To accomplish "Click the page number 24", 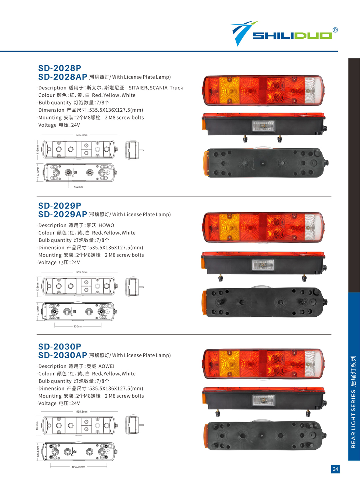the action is (x=335, y=469).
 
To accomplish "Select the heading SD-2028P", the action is (x=60, y=68).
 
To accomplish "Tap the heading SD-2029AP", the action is (x=63, y=215).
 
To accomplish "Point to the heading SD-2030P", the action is (x=60, y=347).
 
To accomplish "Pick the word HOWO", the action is (x=106, y=225).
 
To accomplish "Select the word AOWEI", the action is (x=106, y=366).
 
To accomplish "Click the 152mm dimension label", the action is (x=78, y=187).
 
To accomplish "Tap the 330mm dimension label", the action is (x=78, y=326).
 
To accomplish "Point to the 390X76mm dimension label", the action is (x=78, y=467).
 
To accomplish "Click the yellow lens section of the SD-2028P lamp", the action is (x=229, y=90).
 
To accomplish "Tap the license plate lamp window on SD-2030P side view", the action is (x=263, y=400).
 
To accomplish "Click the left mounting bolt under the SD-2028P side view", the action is (x=245, y=139).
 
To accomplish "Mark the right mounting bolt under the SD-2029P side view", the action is (x=304, y=278).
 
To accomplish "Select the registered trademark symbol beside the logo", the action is (x=335, y=30).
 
